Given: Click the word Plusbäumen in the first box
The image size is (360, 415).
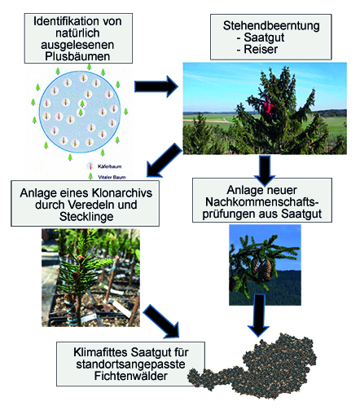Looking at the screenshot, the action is (77, 56).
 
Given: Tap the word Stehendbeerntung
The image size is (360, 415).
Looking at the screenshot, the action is (271, 26).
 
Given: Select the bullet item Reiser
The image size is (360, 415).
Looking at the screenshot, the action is (261, 49).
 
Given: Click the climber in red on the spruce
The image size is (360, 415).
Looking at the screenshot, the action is (268, 108).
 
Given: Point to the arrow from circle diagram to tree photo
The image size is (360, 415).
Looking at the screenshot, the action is (156, 86).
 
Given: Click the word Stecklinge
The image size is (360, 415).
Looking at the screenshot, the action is (86, 217).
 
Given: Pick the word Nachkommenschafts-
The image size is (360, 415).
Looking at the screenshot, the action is (262, 202).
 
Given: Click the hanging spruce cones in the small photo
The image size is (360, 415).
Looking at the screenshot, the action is (261, 270).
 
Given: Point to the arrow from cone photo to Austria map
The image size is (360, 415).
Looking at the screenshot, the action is (259, 316).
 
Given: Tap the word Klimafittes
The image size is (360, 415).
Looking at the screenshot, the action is (100, 352).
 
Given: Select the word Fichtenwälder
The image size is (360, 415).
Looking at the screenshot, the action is (130, 376).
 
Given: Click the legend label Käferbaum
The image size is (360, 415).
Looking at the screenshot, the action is (109, 166).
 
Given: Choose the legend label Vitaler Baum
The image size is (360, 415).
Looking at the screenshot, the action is (112, 177).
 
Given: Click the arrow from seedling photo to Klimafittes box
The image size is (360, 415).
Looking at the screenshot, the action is (161, 321).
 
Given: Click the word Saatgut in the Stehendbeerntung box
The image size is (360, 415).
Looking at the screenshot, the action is (264, 38).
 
